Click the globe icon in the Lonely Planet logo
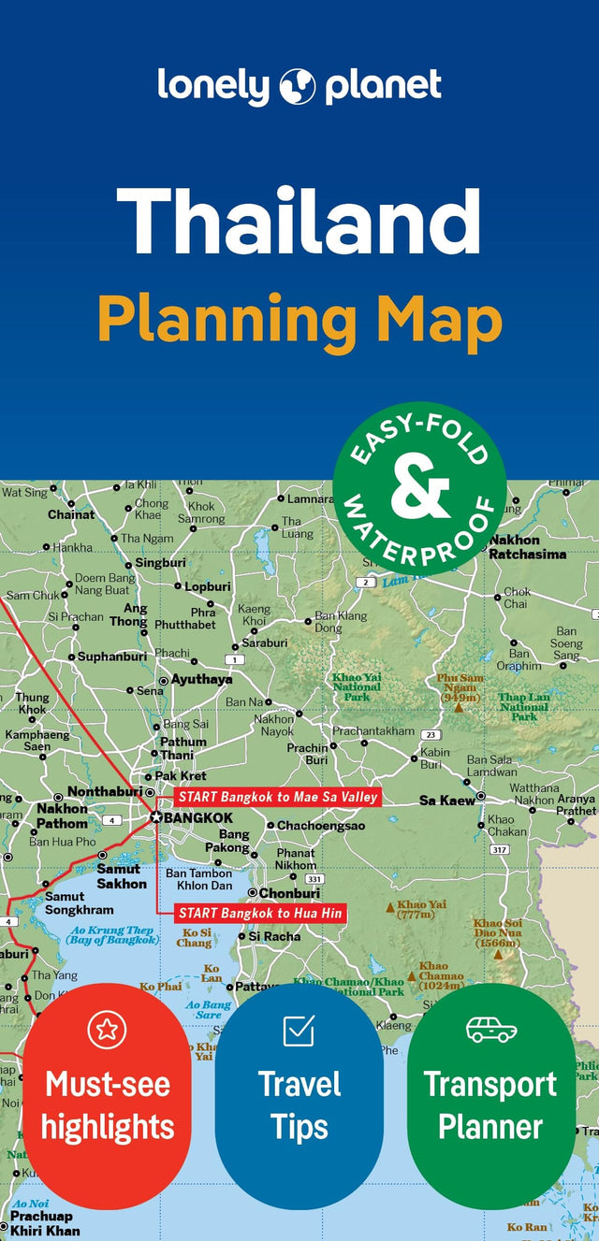(299, 86)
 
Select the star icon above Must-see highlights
(107, 1030)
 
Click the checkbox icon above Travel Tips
(299, 1031)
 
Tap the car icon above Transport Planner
(491, 1030)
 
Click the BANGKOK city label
(198, 816)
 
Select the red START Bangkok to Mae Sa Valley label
(277, 797)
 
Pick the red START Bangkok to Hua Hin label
(260, 913)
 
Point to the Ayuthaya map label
(200, 680)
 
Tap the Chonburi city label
(289, 893)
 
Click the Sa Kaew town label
(446, 801)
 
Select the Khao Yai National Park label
(357, 687)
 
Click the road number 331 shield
(314, 879)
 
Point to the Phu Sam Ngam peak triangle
(459, 708)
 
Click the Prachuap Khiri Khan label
(45, 1224)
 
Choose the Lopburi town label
(207, 586)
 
